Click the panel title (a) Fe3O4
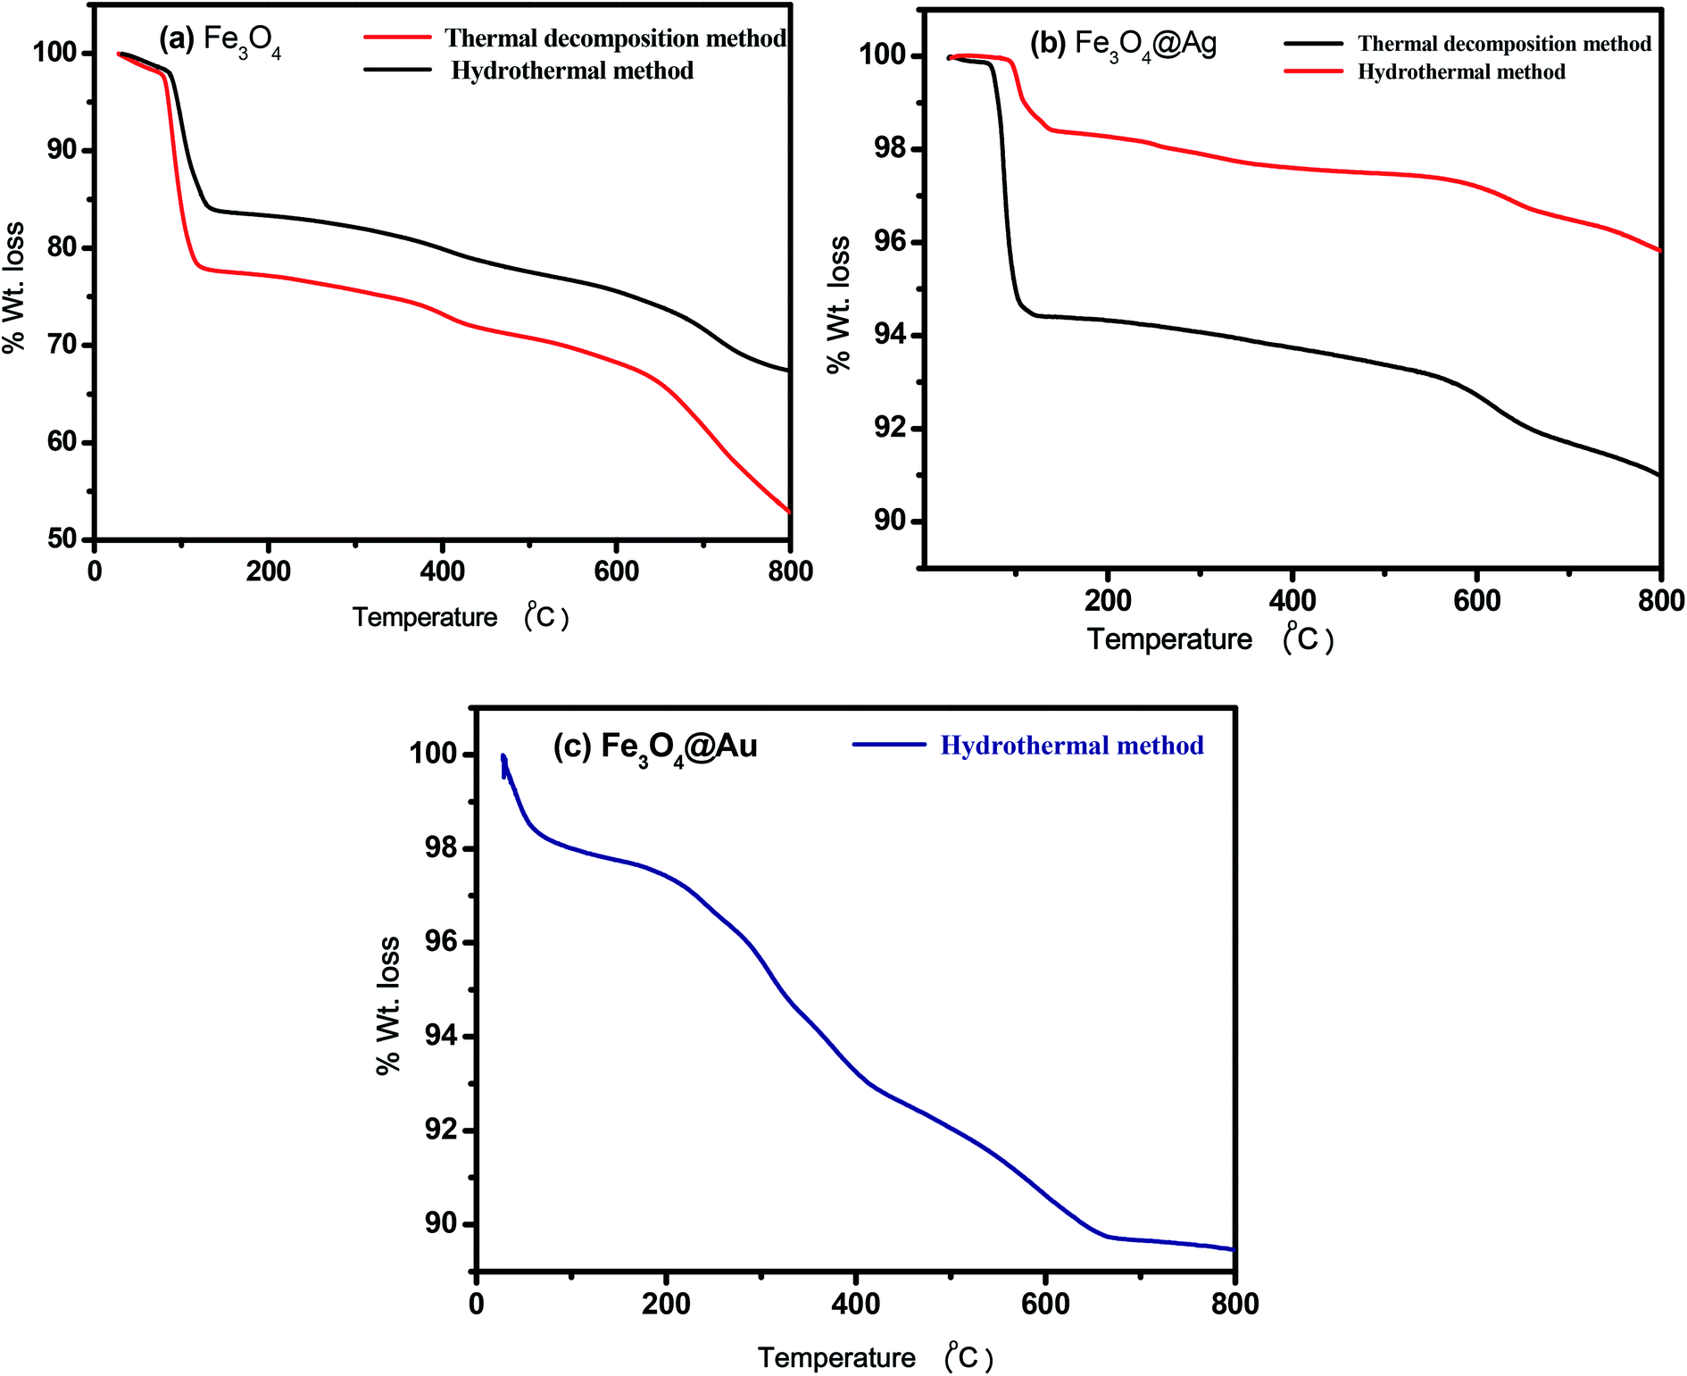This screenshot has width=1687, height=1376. (x=220, y=41)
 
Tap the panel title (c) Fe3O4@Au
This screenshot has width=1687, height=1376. (x=655, y=746)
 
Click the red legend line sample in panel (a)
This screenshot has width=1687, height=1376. (x=398, y=38)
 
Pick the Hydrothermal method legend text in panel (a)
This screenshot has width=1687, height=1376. (x=572, y=71)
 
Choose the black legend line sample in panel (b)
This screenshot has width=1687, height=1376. (x=1313, y=43)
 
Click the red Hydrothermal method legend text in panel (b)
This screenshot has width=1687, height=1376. (x=1461, y=71)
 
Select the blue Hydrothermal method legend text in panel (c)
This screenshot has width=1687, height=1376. (x=1071, y=746)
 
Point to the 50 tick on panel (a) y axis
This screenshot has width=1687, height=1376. (x=62, y=539)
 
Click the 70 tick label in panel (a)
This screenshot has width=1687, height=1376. (x=62, y=345)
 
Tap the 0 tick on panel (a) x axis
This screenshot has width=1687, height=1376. (x=95, y=571)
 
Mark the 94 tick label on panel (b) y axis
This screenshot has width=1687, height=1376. (x=889, y=335)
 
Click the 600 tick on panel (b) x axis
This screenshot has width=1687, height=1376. (x=1476, y=600)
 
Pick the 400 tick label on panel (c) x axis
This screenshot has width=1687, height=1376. (x=855, y=1304)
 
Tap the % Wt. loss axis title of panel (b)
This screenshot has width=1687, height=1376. (x=838, y=304)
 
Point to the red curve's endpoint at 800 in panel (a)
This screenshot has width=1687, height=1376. (x=789, y=512)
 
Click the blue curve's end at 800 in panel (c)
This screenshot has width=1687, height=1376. (x=1234, y=1249)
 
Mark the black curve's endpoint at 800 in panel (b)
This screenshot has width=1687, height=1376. (x=1659, y=475)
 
